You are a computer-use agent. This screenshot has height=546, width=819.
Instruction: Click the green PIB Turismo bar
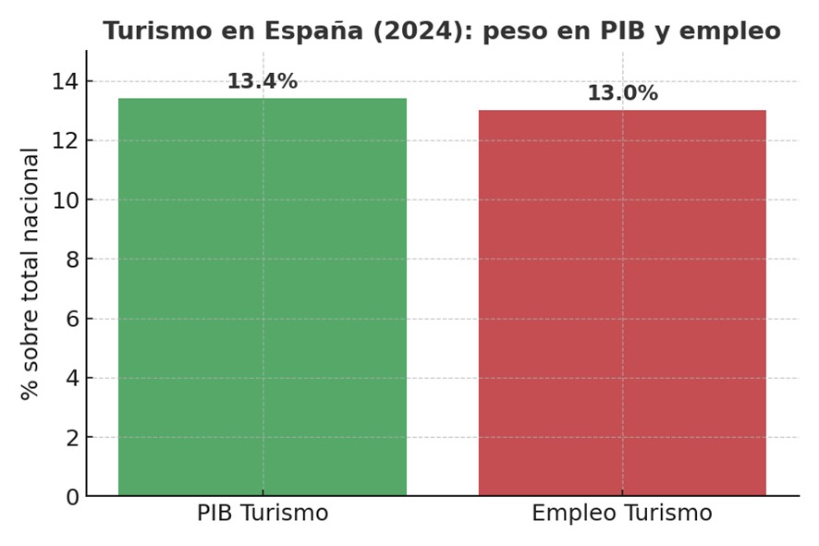263,297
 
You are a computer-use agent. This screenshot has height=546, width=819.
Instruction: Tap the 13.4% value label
263,81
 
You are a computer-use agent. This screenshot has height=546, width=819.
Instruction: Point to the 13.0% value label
622,93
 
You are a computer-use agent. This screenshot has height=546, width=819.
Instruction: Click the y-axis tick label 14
63,81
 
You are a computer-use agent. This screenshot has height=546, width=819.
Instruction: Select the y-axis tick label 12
63,140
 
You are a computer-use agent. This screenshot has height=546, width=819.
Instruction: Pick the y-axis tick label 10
63,200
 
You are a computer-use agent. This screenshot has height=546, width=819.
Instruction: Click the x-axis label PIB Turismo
263,514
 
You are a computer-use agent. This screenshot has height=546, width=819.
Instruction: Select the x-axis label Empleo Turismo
622,514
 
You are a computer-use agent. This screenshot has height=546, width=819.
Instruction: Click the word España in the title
302,31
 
